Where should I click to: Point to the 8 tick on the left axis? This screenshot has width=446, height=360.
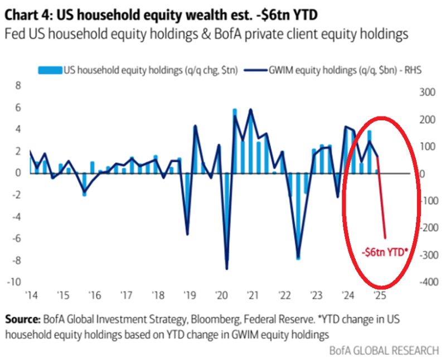click(x=17, y=86)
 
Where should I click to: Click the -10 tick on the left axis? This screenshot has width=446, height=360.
click(x=14, y=282)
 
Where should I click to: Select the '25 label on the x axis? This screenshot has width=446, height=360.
click(x=380, y=295)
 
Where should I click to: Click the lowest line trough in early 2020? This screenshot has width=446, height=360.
click(x=227, y=269)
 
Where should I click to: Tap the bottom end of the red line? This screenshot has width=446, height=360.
click(x=385, y=238)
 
